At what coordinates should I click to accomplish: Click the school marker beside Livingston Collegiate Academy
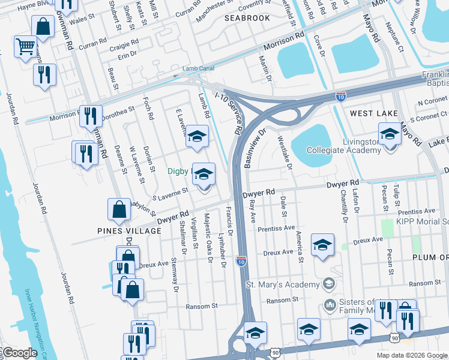coord(390,134)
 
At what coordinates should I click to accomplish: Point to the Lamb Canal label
coord(199,68)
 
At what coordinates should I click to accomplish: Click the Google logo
coord(20,353)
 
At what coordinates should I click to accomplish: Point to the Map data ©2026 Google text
coord(412,355)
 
